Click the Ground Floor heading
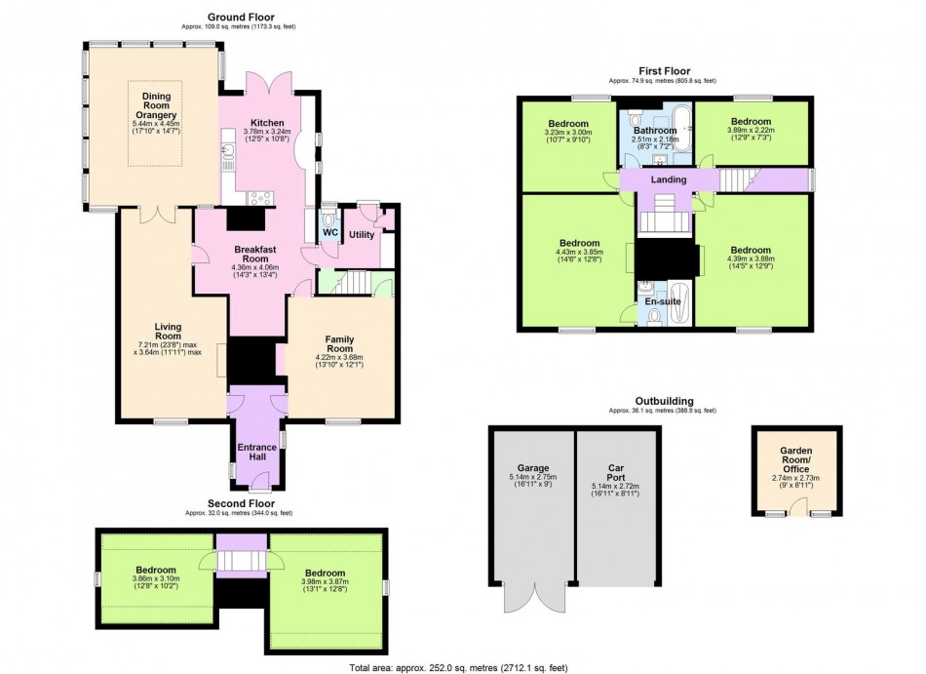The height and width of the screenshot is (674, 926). (241, 18)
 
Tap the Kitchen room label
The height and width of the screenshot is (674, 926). (267, 123)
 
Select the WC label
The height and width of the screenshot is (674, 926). (330, 233)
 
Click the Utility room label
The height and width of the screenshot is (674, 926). (362, 234)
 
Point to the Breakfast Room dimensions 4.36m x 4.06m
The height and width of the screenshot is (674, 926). (255, 267)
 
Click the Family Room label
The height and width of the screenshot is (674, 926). (339, 343)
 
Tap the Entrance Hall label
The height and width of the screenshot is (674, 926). (257, 452)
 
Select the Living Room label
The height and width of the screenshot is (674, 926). (169, 332)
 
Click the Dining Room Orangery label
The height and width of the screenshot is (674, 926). (157, 105)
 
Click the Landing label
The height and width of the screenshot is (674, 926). (669, 179)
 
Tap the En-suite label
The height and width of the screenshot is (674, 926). (663, 301)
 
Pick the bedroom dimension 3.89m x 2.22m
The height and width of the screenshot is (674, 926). (751, 130)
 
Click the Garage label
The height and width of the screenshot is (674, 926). (533, 468)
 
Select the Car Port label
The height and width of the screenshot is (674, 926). (616, 472)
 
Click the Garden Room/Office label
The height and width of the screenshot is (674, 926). (796, 459)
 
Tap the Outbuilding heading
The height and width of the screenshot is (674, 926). (665, 401)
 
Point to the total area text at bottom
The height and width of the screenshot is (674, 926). (458, 668)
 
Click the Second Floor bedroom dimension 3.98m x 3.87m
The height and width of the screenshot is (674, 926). (325, 581)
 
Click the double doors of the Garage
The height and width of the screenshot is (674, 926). (536, 597)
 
